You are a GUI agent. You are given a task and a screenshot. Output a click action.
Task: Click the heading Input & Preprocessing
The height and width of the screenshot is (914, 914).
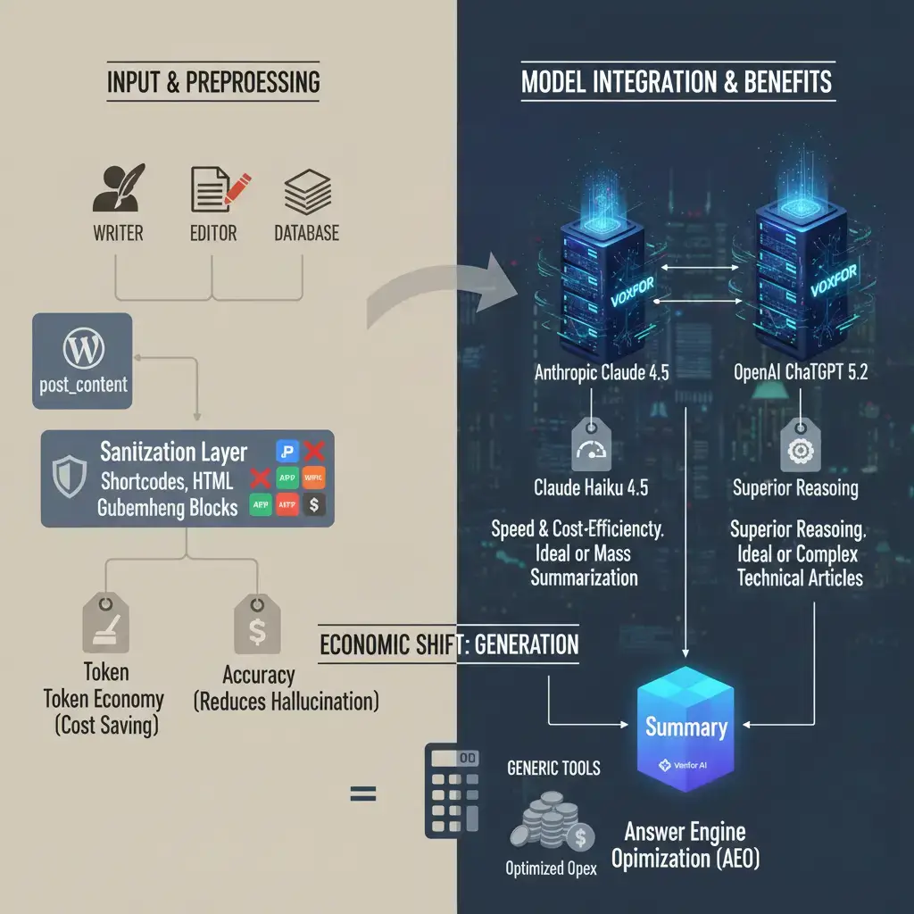(x=212, y=82)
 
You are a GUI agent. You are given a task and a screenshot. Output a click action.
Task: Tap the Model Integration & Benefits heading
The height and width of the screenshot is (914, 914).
(x=676, y=82)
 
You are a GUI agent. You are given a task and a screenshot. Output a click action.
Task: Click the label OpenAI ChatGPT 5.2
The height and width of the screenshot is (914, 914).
(x=799, y=373)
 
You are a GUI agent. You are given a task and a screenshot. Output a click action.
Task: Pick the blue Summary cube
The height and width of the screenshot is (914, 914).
(x=685, y=727)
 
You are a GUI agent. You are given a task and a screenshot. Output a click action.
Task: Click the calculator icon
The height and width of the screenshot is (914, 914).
(x=450, y=790)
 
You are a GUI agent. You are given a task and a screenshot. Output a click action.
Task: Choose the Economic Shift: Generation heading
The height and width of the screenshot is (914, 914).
(x=449, y=644)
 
